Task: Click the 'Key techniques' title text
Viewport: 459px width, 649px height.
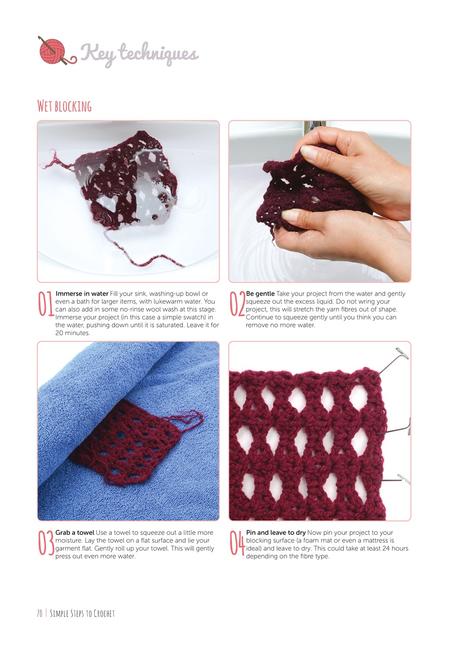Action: tap(139, 53)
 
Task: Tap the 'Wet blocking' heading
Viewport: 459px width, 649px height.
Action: tap(64, 106)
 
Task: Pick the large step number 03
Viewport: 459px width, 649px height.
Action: tap(46, 543)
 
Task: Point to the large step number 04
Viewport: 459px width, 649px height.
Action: tap(237, 543)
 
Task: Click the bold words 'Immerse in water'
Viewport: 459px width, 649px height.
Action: tap(82, 294)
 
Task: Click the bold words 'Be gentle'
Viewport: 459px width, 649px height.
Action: tap(260, 294)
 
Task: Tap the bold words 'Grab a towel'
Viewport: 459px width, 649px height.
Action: tap(74, 532)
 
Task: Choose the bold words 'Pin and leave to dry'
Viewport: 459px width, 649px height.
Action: tap(276, 532)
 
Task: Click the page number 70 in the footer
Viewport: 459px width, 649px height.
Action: tap(39, 614)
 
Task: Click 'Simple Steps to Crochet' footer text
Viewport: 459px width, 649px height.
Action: tap(83, 614)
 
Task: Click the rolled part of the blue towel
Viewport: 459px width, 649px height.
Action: tap(101, 385)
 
